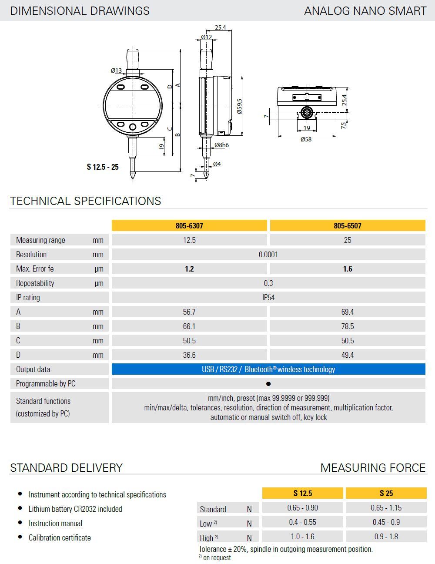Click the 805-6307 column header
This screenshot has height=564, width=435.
point(189,225)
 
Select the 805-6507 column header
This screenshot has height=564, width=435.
point(348,225)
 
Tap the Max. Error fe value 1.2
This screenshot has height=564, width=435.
point(189,269)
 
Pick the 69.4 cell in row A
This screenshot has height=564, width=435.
point(348,312)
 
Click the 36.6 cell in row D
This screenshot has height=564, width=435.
point(189,355)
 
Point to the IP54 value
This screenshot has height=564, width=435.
point(268,297)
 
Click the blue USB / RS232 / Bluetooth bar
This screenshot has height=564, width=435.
point(268,369)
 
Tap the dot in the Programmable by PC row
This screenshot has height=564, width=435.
point(268,384)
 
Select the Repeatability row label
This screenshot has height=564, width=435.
point(35,283)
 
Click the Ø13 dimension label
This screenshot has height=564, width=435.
point(116,70)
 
